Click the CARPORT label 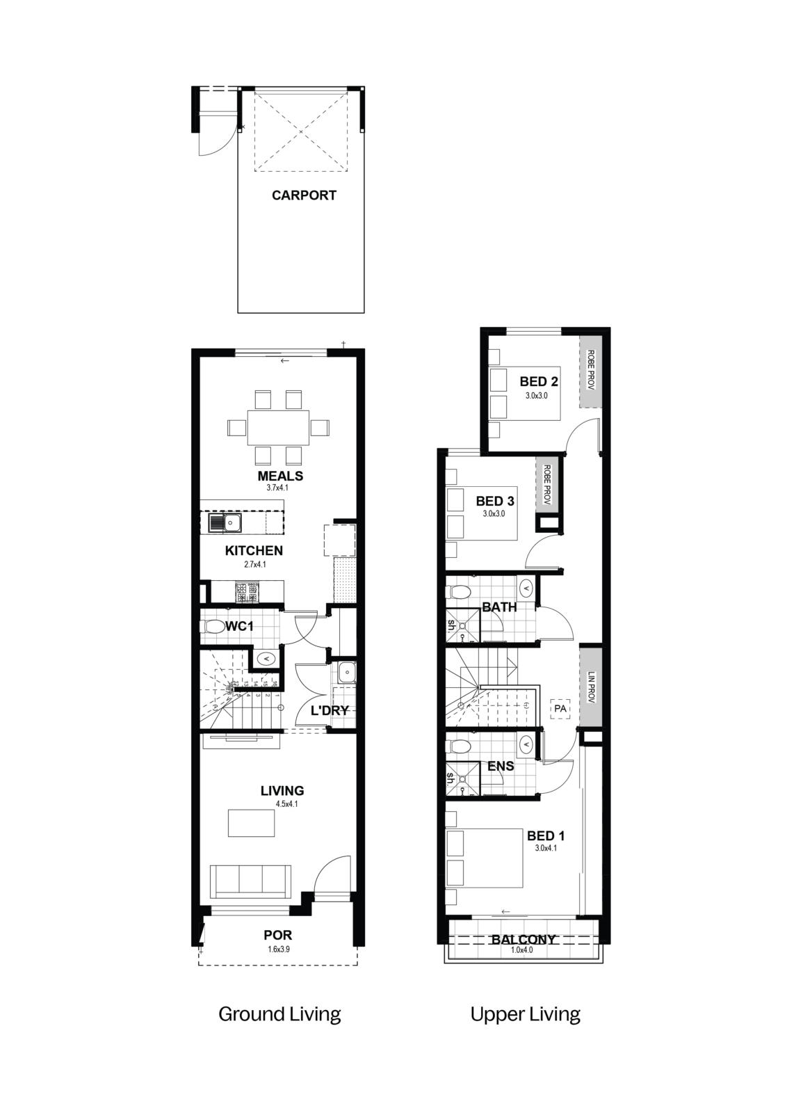(304, 195)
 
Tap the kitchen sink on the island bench (225, 522)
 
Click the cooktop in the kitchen (247, 592)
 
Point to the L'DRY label (330, 710)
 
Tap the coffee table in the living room (251, 823)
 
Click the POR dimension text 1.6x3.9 (278, 949)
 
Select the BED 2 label (539, 381)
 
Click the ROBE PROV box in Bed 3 (547, 484)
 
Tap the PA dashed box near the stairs (560, 709)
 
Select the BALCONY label (524, 939)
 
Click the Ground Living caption (279, 1014)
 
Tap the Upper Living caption (525, 1014)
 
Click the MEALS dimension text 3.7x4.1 (277, 488)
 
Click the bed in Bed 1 (485, 858)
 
